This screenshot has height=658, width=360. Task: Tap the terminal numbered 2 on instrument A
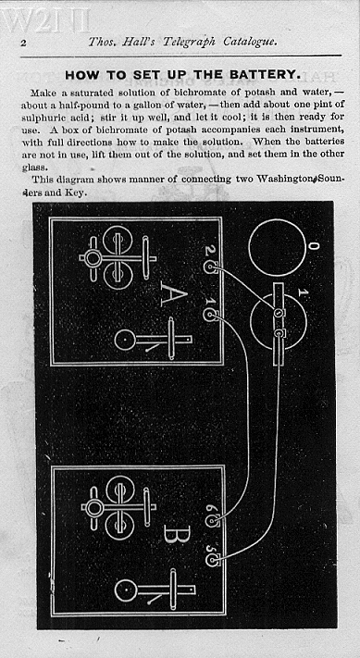(211, 268)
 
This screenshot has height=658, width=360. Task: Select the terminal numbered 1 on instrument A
(212, 316)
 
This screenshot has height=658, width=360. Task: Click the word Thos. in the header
(104, 43)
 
